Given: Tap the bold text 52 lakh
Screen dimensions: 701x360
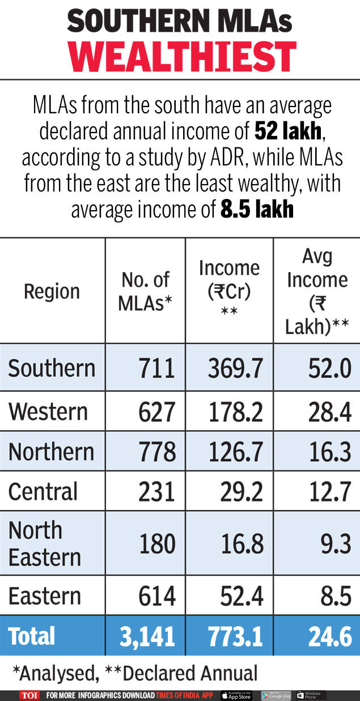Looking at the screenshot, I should coord(288,132).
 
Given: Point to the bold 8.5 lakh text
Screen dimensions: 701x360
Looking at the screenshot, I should coord(257,210).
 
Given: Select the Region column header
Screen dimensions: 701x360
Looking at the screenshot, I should coord(52,292).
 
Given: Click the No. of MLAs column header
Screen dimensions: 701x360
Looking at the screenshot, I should coord(145,291).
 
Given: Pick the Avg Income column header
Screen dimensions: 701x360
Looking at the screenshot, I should coord(316,291).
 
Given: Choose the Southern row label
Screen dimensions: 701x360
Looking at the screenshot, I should coord(52,368).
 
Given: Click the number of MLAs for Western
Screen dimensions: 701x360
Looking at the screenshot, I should coord(156,412).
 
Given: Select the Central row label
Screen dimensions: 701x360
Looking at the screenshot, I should coord(43,491).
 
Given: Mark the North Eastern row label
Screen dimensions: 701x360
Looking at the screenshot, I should coord(45,543).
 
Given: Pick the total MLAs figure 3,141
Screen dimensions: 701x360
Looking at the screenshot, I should coord(147,637).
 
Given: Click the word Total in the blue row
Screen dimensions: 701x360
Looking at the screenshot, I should coord(32,636).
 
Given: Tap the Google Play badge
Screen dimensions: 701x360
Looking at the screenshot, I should coord(276,695).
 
